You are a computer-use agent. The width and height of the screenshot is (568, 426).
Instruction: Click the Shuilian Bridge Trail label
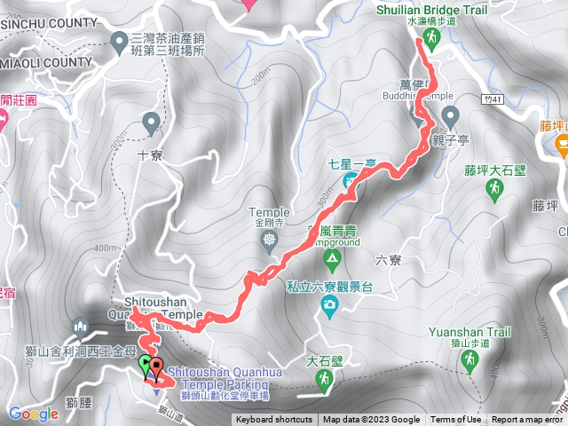point(430,8)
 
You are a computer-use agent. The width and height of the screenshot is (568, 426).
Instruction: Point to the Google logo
point(33,414)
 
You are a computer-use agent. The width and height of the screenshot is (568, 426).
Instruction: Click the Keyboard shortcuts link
point(273,420)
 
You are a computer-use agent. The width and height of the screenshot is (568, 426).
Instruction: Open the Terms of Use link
point(456,420)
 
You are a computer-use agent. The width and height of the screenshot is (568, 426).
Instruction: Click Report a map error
point(530,420)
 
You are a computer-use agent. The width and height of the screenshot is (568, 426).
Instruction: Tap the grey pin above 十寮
point(150,122)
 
